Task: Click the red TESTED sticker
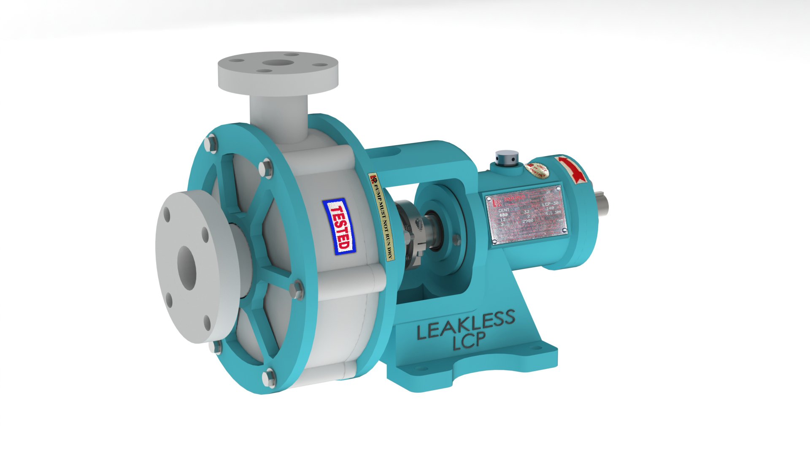click(x=339, y=227)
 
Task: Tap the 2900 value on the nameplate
click(x=528, y=220)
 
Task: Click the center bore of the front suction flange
click(x=186, y=268)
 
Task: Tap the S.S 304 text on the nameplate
click(x=553, y=212)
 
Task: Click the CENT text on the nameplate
click(x=503, y=210)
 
